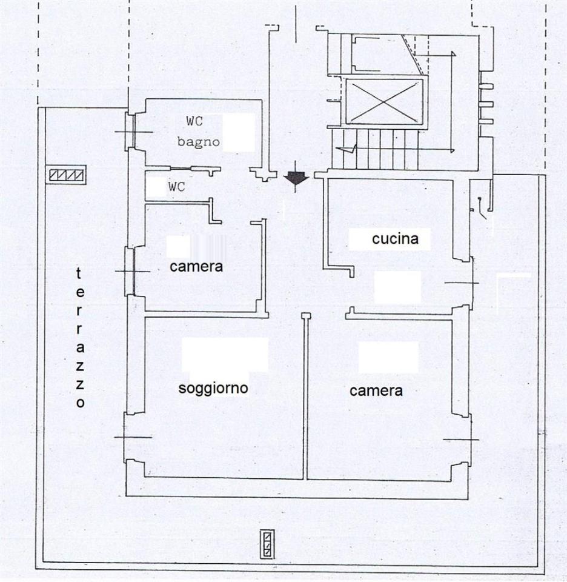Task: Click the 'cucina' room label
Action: coord(396,239)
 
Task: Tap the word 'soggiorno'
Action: coord(213,389)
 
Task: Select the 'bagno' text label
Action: coord(199,142)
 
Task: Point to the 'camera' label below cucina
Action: coord(376,391)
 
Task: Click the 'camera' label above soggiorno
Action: coord(196,267)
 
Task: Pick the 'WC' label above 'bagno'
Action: coord(194,121)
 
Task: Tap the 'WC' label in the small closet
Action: coord(176,187)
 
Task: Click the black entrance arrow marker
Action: coord(296,178)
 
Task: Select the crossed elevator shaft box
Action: coord(385,101)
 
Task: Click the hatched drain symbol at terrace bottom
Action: coord(267,544)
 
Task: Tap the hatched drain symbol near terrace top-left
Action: coord(67,175)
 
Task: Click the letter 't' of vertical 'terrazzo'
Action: coord(79,274)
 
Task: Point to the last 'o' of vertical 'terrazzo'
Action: coord(81,403)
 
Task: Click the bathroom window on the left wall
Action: coord(130,132)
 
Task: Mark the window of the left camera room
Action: coord(130,272)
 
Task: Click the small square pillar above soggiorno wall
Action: coord(305,316)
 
